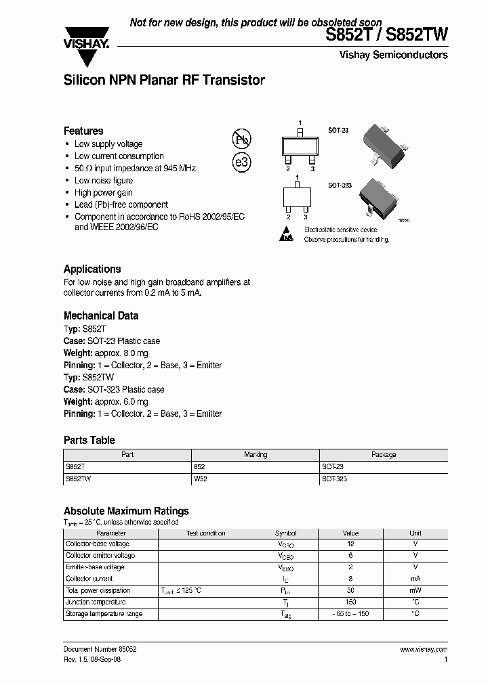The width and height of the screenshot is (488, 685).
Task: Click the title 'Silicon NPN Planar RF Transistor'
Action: point(164,81)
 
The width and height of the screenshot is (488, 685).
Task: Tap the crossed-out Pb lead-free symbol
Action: point(242,140)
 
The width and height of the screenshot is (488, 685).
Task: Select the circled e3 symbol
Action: point(242,162)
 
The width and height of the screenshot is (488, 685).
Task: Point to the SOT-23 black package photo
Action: point(381,141)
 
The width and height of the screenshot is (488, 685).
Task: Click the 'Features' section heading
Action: point(83,131)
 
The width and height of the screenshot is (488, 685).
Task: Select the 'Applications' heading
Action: point(92,269)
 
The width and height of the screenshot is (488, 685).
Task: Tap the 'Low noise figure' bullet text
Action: point(104,181)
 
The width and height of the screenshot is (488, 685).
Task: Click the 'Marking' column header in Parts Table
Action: point(256,455)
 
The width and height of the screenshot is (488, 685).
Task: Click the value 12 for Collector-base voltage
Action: point(350,544)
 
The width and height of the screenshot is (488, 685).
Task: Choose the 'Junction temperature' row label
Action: point(95,602)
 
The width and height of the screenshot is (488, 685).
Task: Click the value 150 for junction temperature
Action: point(350,602)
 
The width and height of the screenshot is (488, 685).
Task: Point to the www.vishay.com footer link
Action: point(424,649)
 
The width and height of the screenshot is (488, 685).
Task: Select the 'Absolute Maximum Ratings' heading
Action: point(126,511)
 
